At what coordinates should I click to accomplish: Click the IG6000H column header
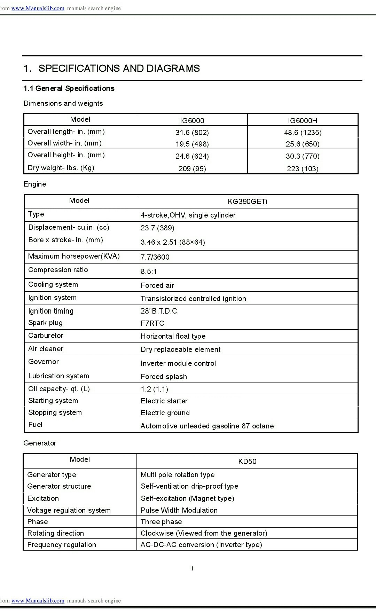click(x=302, y=121)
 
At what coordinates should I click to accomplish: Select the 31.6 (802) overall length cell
click(x=192, y=133)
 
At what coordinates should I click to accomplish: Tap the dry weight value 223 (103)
click(x=302, y=169)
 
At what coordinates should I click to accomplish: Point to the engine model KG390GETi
click(x=247, y=202)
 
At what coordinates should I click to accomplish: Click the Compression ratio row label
click(x=58, y=270)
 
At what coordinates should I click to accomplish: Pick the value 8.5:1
click(x=149, y=271)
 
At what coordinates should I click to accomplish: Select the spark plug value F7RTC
click(x=152, y=323)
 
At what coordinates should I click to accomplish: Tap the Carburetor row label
click(x=46, y=336)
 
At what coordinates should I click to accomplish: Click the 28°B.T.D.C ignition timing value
click(x=159, y=311)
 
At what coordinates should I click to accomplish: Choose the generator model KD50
click(x=247, y=462)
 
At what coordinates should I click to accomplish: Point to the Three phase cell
click(x=161, y=522)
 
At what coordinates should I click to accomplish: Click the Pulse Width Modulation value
click(x=179, y=510)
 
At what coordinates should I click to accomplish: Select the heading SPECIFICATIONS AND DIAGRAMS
click(x=119, y=69)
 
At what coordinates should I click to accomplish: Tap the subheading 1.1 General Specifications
click(x=69, y=89)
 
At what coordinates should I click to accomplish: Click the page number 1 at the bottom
click(x=192, y=569)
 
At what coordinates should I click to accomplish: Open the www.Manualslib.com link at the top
click(x=38, y=8)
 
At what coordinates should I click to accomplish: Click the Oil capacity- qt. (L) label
click(x=59, y=389)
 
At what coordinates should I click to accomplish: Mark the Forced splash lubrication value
click(x=164, y=377)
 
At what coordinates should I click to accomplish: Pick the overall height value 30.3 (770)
click(x=302, y=156)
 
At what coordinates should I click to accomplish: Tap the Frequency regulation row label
click(x=62, y=545)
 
